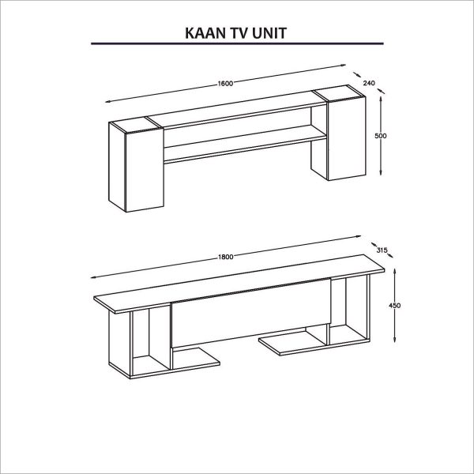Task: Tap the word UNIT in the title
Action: (269, 33)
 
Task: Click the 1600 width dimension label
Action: (225, 84)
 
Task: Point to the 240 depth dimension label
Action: (369, 83)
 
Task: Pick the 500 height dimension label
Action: (381, 136)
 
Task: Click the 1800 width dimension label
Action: (225, 257)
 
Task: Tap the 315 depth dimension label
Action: (382, 250)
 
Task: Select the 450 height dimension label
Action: (395, 306)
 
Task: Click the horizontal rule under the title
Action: (237, 43)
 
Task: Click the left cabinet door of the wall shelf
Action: (145, 170)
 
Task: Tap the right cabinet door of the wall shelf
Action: (347, 138)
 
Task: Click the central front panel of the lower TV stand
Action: (251, 313)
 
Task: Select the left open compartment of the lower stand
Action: (151, 339)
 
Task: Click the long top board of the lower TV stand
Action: (239, 284)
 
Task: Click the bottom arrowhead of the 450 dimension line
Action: (395, 340)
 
